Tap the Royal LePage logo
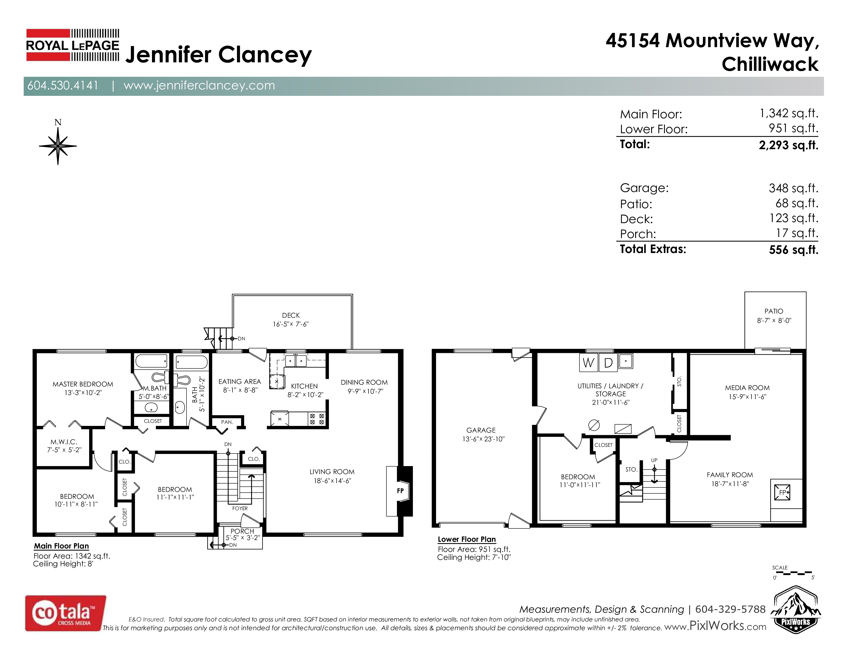73,45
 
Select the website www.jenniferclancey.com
199,86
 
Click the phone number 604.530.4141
63,86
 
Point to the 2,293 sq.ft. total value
788,145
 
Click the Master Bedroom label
83,384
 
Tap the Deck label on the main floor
291,315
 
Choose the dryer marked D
608,362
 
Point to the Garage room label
481,430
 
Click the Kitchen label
304,386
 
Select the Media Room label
747,388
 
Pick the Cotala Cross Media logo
65,613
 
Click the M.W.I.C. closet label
64,442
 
